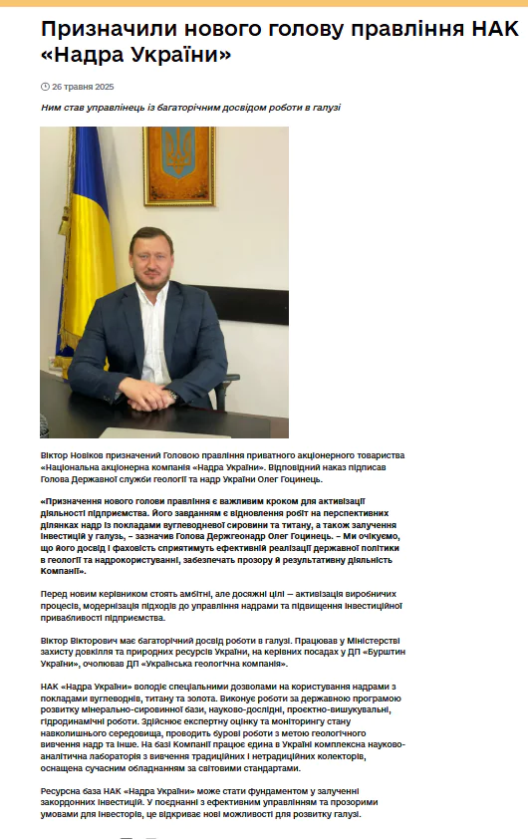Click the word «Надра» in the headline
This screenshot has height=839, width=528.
pos(92,56)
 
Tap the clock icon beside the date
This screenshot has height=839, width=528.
pos(45,87)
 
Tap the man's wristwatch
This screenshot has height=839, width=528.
pos(172,395)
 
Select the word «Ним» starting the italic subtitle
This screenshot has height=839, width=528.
pos(50,107)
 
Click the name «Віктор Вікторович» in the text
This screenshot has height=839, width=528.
pos(81,639)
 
